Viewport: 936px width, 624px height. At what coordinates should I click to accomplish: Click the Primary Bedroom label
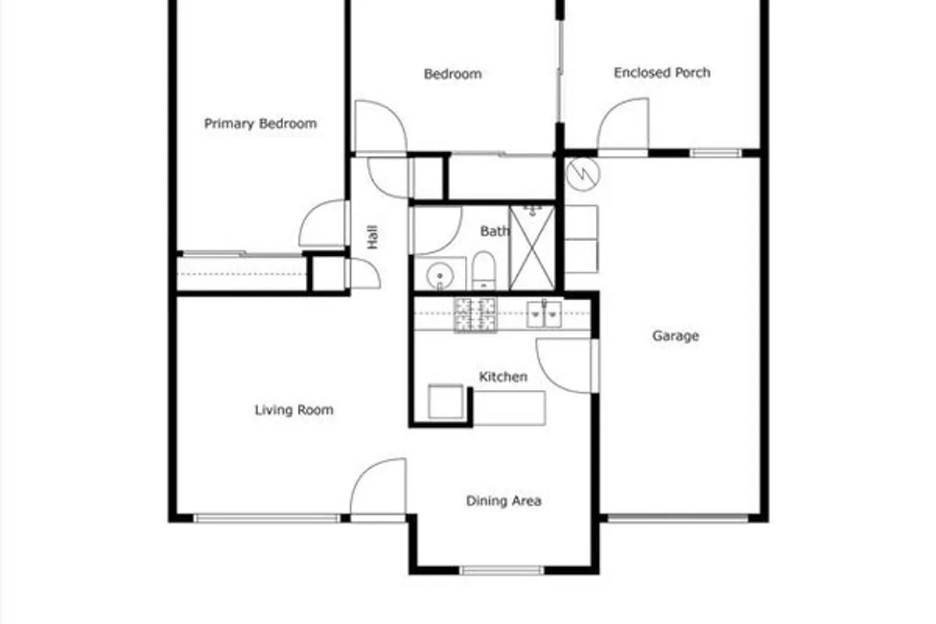click(261, 124)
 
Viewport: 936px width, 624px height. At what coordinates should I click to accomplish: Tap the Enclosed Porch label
click(662, 73)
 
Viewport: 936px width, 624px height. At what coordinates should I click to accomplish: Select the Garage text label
click(675, 335)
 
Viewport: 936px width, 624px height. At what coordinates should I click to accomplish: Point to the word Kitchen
click(503, 377)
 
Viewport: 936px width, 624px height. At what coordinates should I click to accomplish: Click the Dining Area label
click(504, 501)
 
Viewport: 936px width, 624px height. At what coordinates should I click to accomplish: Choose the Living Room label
click(294, 410)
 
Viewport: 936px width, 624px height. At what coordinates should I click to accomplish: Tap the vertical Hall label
click(373, 237)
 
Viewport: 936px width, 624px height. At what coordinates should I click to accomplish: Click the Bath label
click(495, 231)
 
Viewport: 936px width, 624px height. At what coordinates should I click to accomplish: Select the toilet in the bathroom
click(484, 271)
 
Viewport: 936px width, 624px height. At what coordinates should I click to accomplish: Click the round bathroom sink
click(440, 276)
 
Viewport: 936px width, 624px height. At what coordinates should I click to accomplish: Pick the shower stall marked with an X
click(532, 248)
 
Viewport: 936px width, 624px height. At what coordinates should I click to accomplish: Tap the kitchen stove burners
click(476, 314)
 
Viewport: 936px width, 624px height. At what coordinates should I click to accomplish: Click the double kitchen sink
click(544, 314)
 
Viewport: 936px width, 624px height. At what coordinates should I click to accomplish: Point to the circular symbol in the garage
click(583, 174)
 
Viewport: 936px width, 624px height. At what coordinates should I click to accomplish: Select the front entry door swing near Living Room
click(378, 487)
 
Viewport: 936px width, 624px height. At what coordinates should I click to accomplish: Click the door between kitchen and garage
click(565, 366)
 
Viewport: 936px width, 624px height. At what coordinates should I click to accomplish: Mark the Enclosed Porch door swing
click(623, 124)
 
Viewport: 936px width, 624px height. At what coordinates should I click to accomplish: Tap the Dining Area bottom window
click(502, 570)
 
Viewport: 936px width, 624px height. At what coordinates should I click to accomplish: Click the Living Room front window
click(267, 519)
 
